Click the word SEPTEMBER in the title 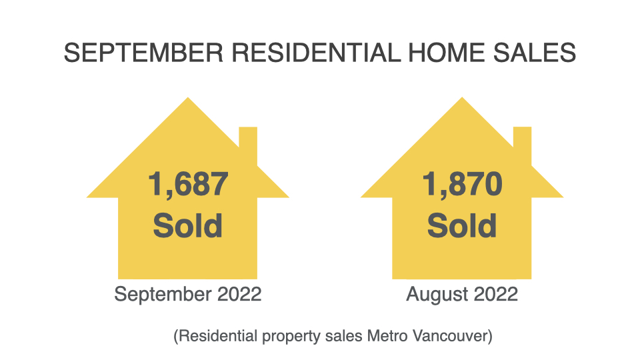tap(144, 53)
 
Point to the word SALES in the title tap(534, 53)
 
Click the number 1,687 tap(188, 185)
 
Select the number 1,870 tap(462, 185)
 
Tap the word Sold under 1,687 tap(188, 226)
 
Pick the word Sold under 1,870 tap(462, 226)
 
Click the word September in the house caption tap(163, 295)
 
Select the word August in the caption tap(431, 295)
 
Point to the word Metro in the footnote tap(388, 336)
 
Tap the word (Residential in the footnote tap(215, 336)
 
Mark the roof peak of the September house tap(188, 97)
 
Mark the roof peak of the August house tap(462, 97)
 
